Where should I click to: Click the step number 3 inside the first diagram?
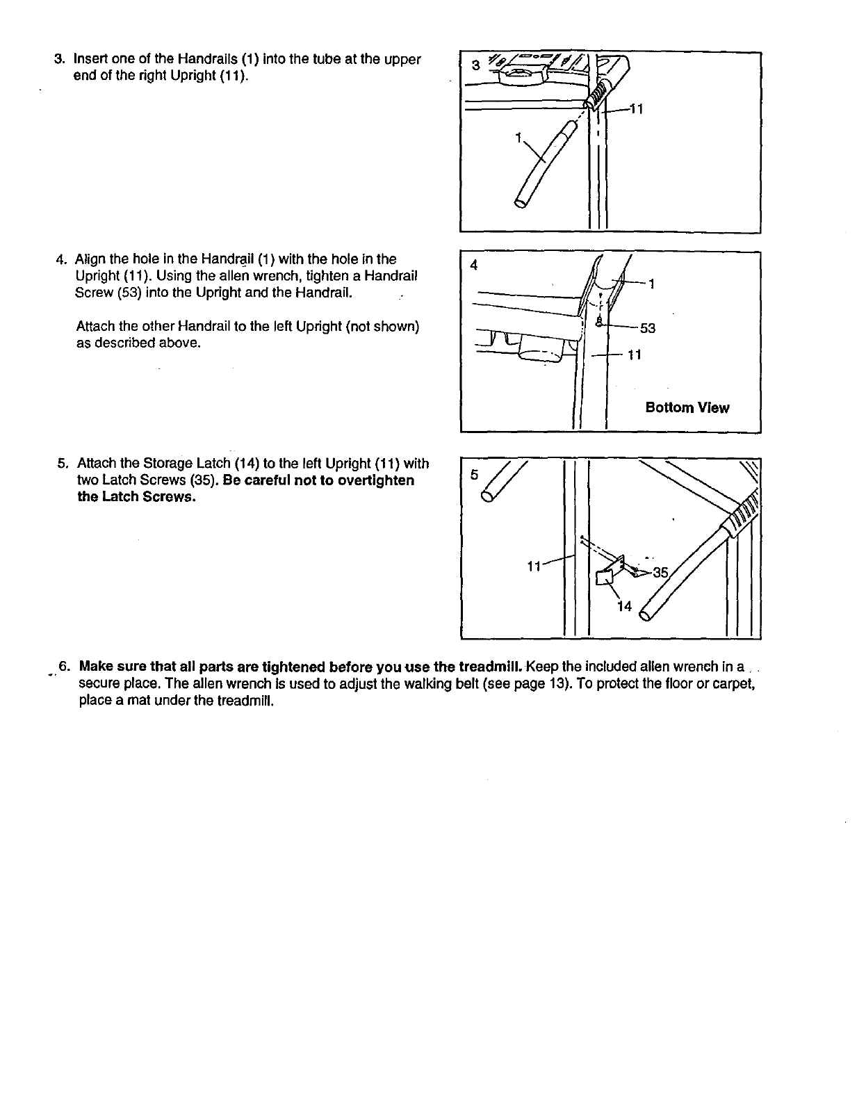475,66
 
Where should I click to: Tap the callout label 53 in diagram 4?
648,328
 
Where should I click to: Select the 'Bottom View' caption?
687,408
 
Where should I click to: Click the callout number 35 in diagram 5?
660,573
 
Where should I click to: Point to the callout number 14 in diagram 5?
624,606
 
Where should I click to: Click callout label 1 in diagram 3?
518,138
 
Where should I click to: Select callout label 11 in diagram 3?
636,109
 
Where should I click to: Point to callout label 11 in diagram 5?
534,566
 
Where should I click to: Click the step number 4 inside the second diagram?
474,265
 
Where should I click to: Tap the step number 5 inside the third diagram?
474,475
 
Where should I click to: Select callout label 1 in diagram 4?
651,284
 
